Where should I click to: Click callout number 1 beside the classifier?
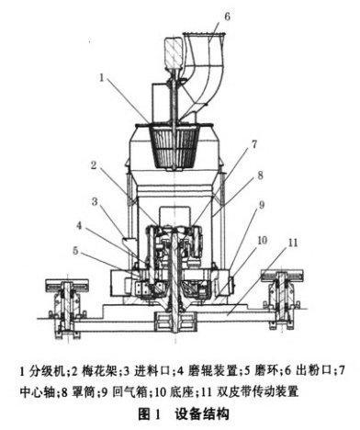tap(103, 79)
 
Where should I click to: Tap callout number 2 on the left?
tap(93, 166)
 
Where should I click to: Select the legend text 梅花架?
tap(92, 371)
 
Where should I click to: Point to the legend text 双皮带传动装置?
tap(275, 391)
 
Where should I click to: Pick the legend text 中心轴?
tap(37, 391)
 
